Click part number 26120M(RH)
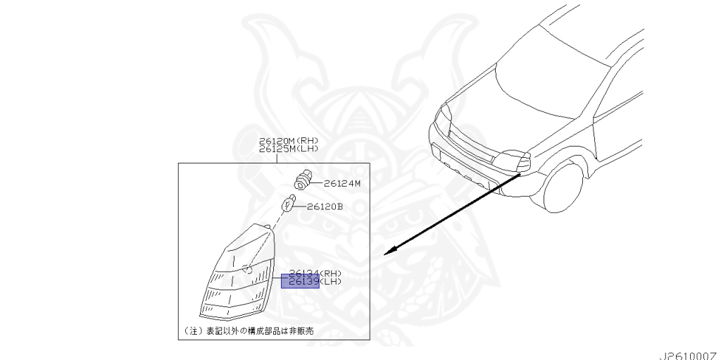[x=289, y=141]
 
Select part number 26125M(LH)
[x=289, y=149]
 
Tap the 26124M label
[x=342, y=184]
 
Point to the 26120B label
[x=325, y=207]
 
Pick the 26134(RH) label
[x=311, y=273]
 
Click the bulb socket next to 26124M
[x=304, y=179]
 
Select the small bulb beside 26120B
[x=287, y=205]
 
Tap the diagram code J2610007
[x=689, y=354]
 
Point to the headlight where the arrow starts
[x=519, y=163]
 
